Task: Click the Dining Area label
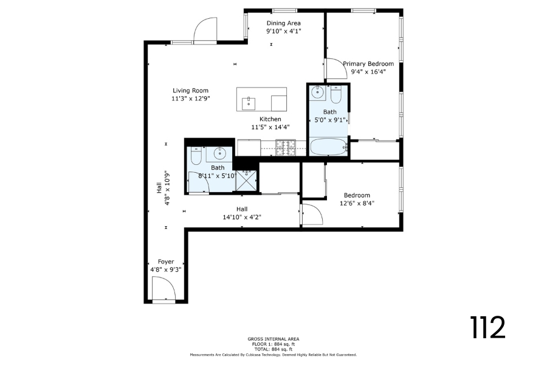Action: pyautogui.click(x=284, y=23)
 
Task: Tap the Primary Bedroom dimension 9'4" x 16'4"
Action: pyautogui.click(x=368, y=72)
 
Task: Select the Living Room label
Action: pyautogui.click(x=190, y=91)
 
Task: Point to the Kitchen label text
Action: pyautogui.click(x=270, y=119)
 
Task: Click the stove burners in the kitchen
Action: pyautogui.click(x=286, y=147)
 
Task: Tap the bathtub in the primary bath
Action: pyautogui.click(x=329, y=147)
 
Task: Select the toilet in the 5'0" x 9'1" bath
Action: pyautogui.click(x=336, y=95)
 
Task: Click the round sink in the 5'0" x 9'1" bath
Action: pyautogui.click(x=318, y=93)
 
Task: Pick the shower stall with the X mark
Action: pyautogui.click(x=246, y=181)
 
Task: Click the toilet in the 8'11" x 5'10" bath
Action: pyautogui.click(x=196, y=156)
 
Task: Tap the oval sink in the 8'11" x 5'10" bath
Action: pyautogui.click(x=220, y=153)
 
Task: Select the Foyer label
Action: pyautogui.click(x=166, y=262)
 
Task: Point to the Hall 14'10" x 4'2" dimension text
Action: pyautogui.click(x=242, y=217)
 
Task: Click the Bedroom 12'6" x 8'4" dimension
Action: pyautogui.click(x=357, y=203)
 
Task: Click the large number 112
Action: pyautogui.click(x=487, y=327)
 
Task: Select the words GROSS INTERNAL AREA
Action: pyautogui.click(x=273, y=339)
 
